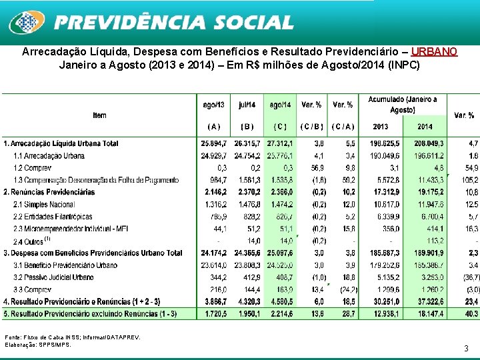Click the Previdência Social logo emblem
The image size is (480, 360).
point(27,23)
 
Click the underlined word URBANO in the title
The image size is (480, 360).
point(434,52)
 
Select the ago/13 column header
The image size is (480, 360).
point(213,105)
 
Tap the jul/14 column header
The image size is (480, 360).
point(247,105)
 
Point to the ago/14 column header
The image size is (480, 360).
point(280,105)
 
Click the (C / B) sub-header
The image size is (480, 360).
point(311,127)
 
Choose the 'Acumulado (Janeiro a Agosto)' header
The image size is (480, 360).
point(402,105)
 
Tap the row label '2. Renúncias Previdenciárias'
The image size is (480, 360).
point(50,192)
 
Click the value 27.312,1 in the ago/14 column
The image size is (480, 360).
point(280,144)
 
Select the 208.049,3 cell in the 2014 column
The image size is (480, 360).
point(429,144)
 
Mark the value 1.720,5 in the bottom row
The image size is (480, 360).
point(213,313)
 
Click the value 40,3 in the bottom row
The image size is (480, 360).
point(471,313)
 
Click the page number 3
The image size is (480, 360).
point(467,348)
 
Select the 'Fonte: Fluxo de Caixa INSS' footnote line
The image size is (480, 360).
point(72,337)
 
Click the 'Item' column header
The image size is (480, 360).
point(99,115)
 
